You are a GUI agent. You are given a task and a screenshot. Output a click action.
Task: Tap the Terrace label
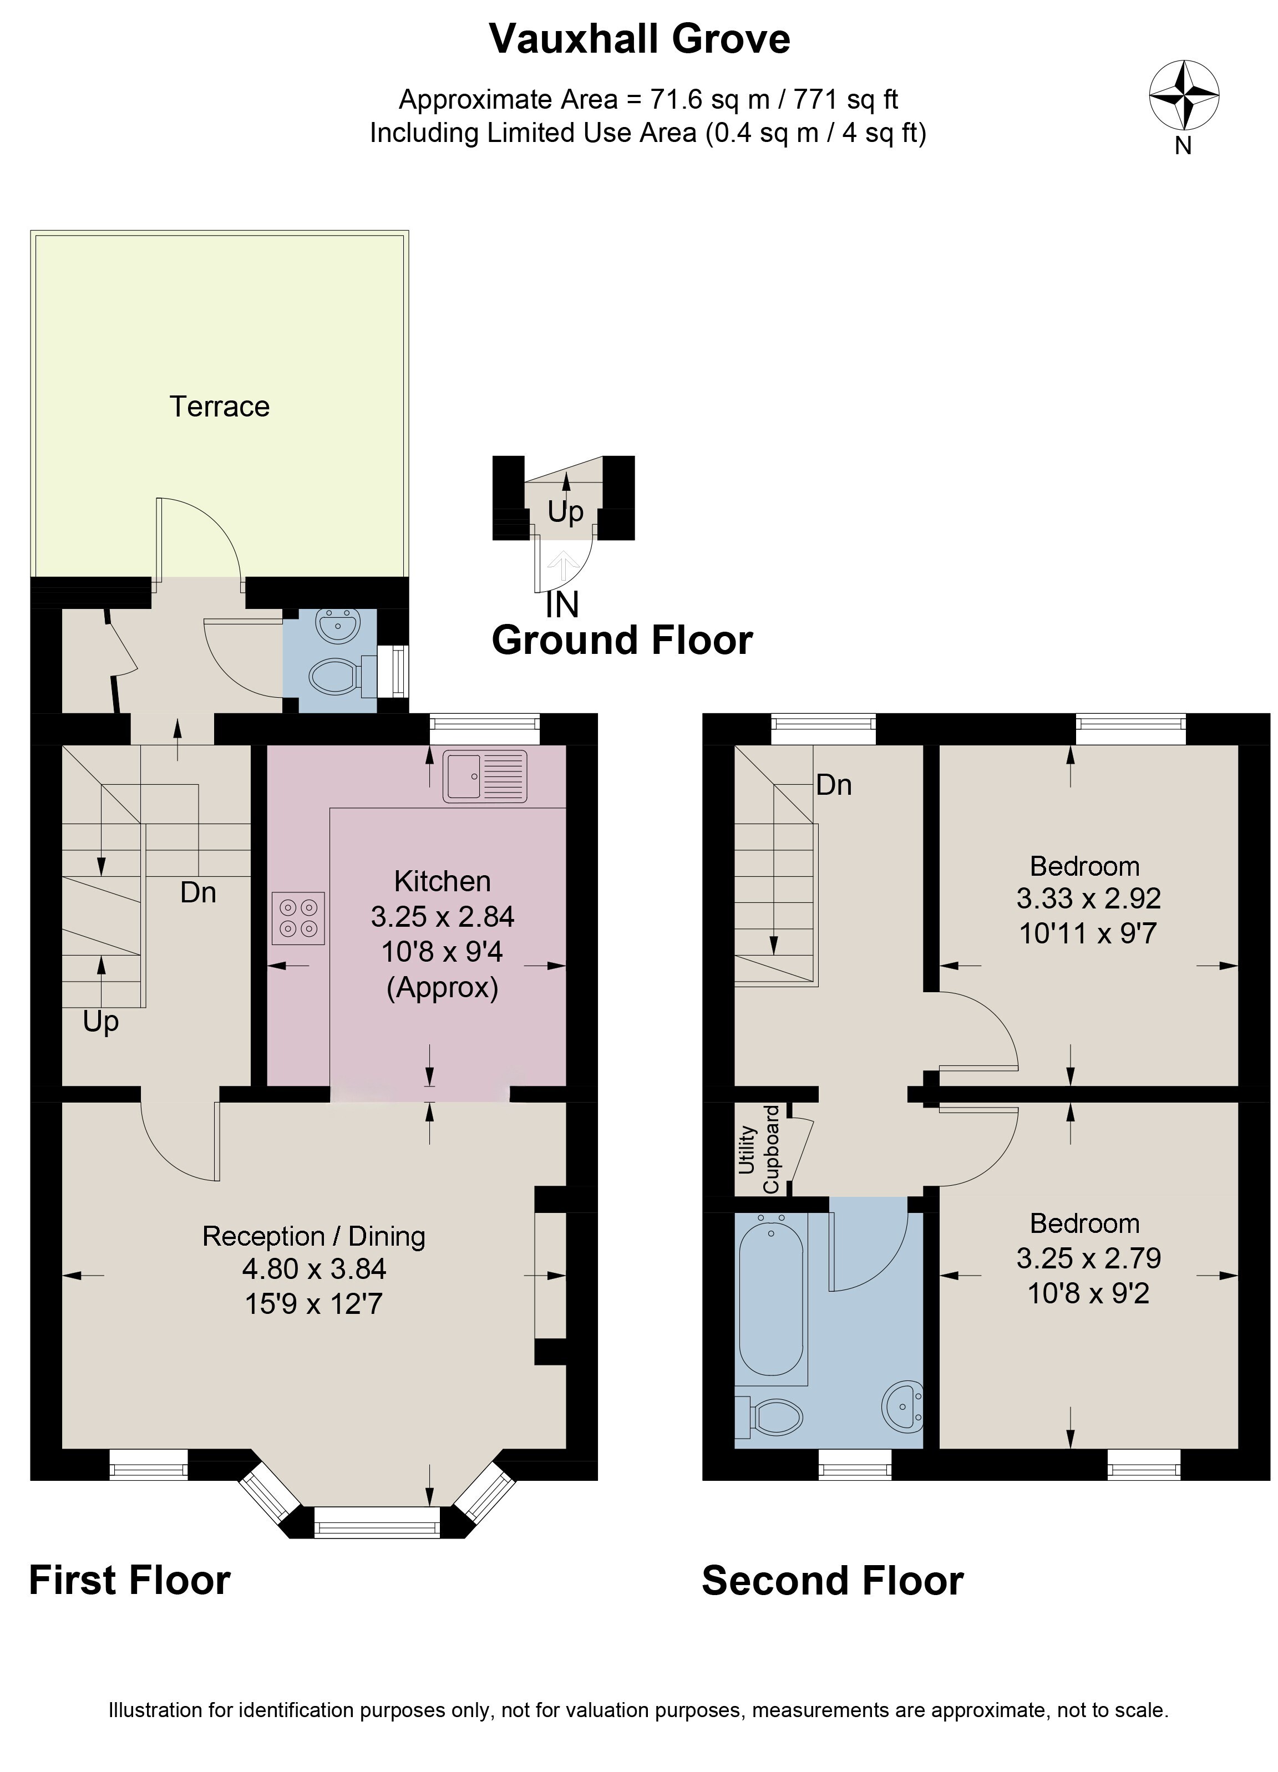tap(220, 407)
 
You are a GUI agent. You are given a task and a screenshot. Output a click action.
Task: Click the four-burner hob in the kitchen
tap(298, 918)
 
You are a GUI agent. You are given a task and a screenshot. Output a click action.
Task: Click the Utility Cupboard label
tap(758, 1149)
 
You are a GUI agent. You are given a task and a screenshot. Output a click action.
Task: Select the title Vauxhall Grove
tap(640, 38)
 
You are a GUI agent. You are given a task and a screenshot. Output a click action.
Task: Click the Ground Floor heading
tap(622, 640)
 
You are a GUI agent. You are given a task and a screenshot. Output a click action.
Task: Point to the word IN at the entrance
tap(562, 604)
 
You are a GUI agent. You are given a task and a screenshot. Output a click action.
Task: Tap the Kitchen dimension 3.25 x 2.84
tap(442, 916)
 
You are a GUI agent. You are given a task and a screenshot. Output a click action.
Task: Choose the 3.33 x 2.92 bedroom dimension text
tap(1088, 898)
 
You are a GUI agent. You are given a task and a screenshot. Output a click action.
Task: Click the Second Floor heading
tap(833, 1581)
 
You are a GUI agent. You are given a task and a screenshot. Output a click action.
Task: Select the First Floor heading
tap(130, 1581)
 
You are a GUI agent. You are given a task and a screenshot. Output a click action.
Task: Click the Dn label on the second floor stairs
tap(834, 784)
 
